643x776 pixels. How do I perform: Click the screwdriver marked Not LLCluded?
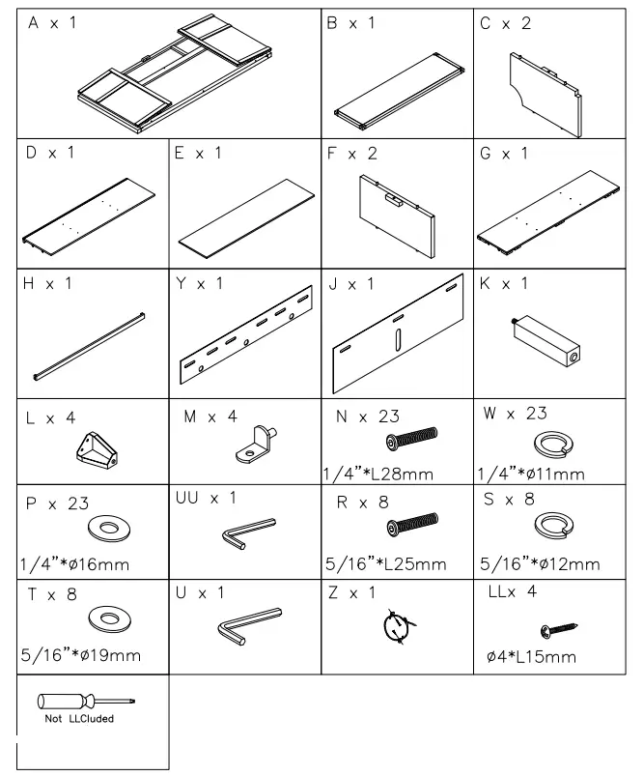click(x=86, y=703)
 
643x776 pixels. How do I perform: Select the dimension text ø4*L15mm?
click(x=531, y=657)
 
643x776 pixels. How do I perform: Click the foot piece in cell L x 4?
click(x=98, y=447)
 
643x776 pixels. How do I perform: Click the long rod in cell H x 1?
click(x=89, y=345)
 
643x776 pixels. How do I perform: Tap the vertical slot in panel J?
click(x=398, y=342)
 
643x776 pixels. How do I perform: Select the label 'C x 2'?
click(x=505, y=23)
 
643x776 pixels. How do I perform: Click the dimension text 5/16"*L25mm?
click(x=385, y=564)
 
